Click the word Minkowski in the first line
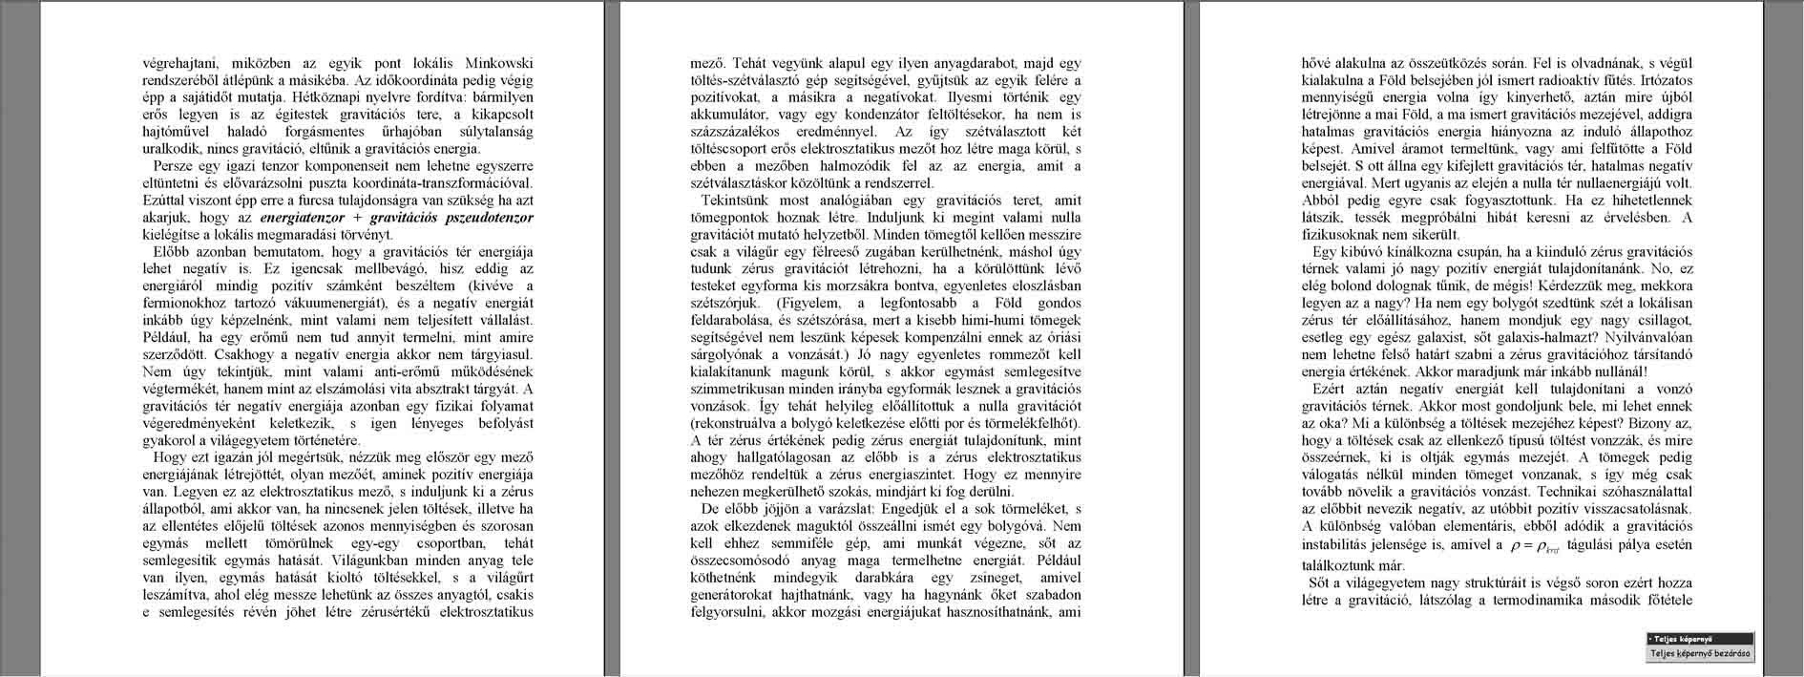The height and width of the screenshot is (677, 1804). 498,62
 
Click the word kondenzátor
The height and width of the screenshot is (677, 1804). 858,115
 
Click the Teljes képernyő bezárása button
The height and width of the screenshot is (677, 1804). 1700,654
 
